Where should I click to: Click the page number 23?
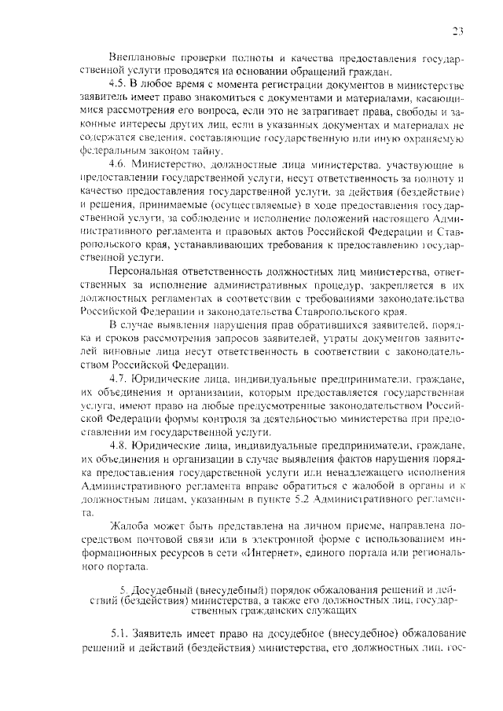pos(459,31)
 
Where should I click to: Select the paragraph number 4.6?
pos(118,163)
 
